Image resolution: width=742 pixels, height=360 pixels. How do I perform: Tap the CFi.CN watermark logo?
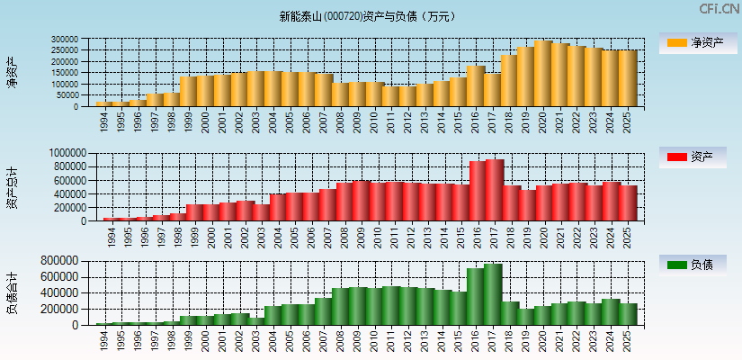tap(719, 9)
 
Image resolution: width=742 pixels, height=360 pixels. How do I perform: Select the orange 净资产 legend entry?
tap(698, 42)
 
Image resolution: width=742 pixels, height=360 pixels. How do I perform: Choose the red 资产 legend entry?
tap(698, 157)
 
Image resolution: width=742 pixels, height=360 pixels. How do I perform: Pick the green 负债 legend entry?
tap(698, 265)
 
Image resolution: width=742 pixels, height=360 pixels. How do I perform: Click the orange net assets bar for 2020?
tap(542, 74)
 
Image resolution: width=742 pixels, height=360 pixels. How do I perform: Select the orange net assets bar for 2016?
tap(476, 86)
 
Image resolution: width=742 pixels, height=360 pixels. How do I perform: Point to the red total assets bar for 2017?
tap(494, 190)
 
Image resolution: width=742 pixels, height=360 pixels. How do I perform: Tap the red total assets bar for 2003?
tap(261, 212)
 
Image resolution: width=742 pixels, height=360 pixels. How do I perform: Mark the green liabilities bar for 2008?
tap(341, 307)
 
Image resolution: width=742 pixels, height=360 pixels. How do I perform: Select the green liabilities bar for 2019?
tap(526, 317)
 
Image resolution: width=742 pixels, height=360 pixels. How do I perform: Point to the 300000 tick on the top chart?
tap(64, 40)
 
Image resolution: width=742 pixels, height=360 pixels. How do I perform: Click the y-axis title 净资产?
tap(12, 72)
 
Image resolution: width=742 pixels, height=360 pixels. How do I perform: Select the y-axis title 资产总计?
tap(12, 188)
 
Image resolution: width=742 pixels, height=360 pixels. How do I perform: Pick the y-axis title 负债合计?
tap(12, 292)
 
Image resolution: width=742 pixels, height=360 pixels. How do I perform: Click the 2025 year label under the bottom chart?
tap(628, 339)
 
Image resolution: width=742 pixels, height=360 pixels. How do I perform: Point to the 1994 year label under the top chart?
tap(104, 120)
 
